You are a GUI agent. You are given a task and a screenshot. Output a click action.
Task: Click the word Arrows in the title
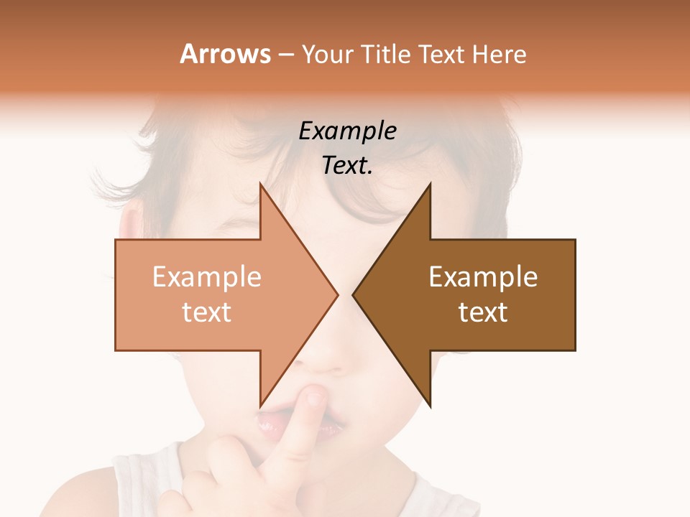click(x=225, y=54)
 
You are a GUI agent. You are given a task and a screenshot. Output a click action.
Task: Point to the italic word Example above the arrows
click(x=348, y=131)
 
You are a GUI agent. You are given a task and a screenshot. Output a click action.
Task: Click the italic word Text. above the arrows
click(x=348, y=166)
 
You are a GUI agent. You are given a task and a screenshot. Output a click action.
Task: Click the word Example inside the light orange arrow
click(x=207, y=277)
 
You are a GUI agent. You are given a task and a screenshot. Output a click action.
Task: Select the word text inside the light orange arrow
click(x=207, y=312)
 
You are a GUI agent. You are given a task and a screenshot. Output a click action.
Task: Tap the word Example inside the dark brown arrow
click(x=483, y=277)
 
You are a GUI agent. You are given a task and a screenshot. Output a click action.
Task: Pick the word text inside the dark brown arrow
click(x=483, y=312)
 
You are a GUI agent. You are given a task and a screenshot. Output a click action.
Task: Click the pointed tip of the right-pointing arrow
click(x=338, y=294)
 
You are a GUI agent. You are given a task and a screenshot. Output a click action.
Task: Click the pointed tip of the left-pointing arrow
click(x=353, y=294)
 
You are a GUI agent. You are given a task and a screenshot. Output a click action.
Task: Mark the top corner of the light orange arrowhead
click(x=260, y=185)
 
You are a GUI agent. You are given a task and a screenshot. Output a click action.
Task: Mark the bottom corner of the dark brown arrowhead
click(x=430, y=406)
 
